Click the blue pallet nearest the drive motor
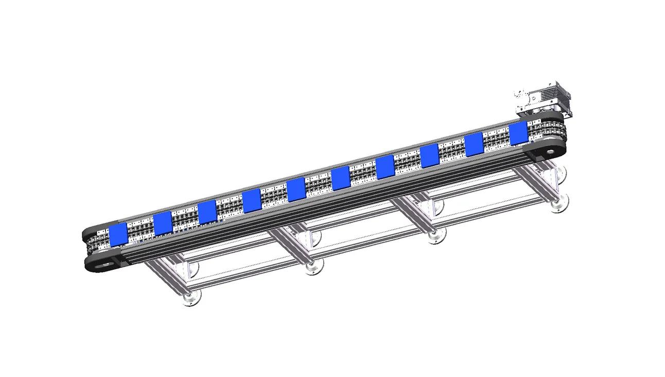click(x=518, y=133)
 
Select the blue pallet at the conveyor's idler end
click(x=118, y=234)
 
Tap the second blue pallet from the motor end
click(x=474, y=145)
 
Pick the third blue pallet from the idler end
click(x=207, y=212)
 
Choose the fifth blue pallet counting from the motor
click(x=340, y=178)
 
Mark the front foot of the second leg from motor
click(x=436, y=236)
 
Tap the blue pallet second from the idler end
click(x=162, y=223)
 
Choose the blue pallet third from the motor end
click(x=429, y=156)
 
